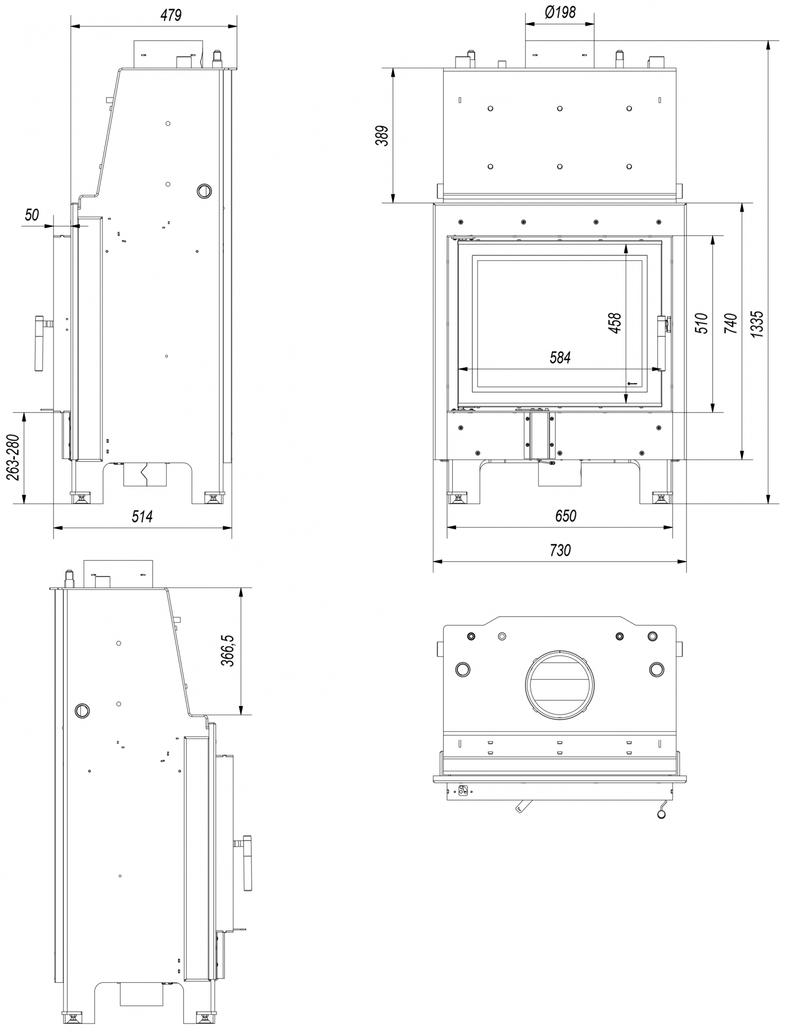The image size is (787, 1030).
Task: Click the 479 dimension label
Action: [171, 15]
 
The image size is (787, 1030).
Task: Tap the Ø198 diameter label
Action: [560, 12]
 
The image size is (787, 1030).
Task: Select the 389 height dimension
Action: [381, 136]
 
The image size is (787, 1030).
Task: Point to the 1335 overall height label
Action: [757, 324]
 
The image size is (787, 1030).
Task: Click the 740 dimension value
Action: [731, 323]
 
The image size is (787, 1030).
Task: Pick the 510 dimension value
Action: [702, 323]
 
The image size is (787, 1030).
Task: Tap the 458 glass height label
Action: [615, 323]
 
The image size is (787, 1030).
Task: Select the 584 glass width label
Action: [560, 357]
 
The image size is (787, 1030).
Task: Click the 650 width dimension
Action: [565, 516]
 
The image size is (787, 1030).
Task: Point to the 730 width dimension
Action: [560, 550]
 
